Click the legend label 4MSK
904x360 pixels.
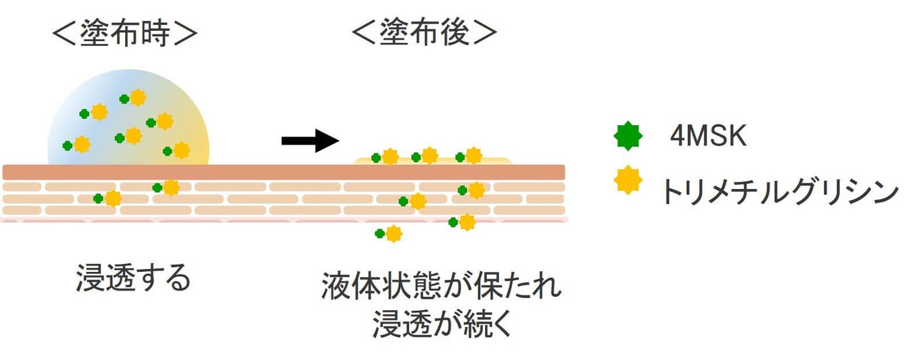pyautogui.click(x=708, y=137)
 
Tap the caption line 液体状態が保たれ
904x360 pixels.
pyautogui.click(x=441, y=288)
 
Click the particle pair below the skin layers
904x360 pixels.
pyautogui.click(x=389, y=233)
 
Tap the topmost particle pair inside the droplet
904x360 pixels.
pyautogui.click(x=133, y=98)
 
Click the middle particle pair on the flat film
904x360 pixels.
pyautogui.click(x=424, y=157)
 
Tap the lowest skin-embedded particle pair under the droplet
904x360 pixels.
pyautogui.click(x=108, y=198)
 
